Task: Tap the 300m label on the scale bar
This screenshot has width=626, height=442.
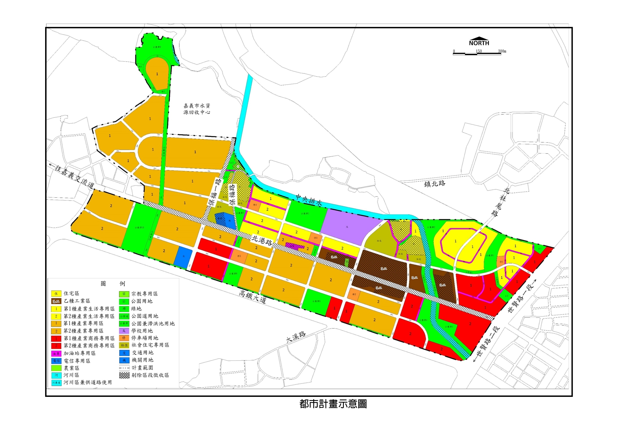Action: click(502, 51)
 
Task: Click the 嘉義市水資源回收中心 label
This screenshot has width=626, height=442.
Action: click(197, 109)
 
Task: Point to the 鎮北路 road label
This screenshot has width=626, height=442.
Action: click(434, 183)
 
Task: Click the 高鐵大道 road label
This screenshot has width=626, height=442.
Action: click(252, 297)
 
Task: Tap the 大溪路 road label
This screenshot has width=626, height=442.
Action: click(296, 337)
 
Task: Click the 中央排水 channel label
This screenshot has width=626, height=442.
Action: click(309, 200)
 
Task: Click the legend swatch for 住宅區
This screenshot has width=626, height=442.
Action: click(56, 294)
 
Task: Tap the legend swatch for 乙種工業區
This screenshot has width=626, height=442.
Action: click(56, 301)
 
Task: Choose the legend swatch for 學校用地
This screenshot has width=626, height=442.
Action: click(124, 331)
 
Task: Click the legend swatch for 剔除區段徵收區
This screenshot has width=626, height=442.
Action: click(124, 375)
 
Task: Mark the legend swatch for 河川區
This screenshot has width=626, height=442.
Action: click(56, 375)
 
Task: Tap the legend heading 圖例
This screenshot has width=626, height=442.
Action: click(113, 284)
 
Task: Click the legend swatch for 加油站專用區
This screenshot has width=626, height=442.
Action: click(56, 353)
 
